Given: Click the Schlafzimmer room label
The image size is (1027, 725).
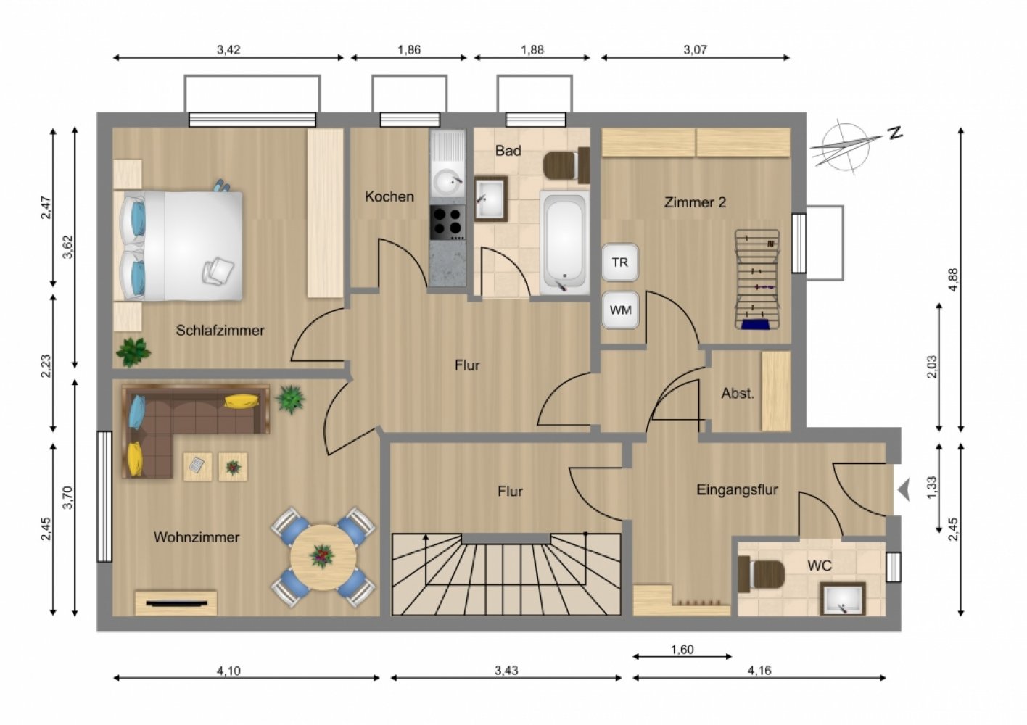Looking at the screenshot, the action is click(220, 331).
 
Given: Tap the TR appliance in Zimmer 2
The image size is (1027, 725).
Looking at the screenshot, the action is click(620, 262).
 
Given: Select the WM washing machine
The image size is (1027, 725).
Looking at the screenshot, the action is click(620, 310).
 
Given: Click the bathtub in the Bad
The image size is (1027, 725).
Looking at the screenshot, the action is click(564, 242).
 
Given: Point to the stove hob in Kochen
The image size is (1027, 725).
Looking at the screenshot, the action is click(448, 223).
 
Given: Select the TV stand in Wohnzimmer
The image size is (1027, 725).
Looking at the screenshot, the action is click(176, 603).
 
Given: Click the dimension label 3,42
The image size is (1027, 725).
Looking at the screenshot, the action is click(228, 49).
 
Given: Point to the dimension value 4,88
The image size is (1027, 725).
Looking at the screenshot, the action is click(954, 280).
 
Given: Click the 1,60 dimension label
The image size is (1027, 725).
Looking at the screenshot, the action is click(682, 650).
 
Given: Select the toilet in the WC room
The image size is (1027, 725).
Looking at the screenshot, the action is click(761, 573).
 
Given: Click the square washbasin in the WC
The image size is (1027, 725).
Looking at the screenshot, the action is click(842, 599).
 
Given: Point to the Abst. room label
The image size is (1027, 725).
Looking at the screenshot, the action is click(738, 393).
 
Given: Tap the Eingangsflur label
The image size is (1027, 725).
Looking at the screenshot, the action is click(737, 490).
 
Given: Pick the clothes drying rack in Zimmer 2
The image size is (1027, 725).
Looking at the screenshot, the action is click(757, 279).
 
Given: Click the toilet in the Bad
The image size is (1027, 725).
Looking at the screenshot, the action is click(566, 165).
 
